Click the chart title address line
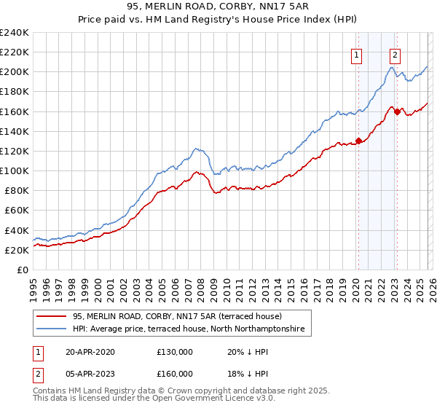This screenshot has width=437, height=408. pyautogui.click(x=218, y=7)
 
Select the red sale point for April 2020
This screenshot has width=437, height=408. pyautogui.click(x=358, y=141)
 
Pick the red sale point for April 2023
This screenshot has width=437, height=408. pyautogui.click(x=396, y=111)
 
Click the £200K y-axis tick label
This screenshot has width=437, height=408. pyautogui.click(x=15, y=72)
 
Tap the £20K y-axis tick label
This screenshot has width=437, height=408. pyautogui.click(x=17, y=250)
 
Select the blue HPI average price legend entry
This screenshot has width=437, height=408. pyautogui.click(x=192, y=330)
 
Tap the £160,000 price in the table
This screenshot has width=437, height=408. pyautogui.click(x=175, y=374)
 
